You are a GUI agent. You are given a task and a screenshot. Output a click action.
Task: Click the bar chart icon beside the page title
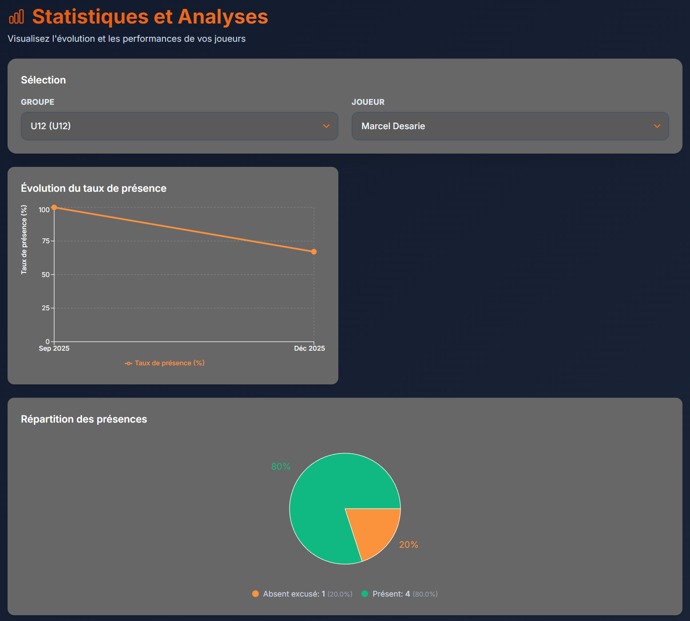16,17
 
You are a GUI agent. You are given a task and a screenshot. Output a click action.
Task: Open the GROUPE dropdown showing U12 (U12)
179,126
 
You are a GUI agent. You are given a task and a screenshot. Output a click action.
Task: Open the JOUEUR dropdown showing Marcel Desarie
510,126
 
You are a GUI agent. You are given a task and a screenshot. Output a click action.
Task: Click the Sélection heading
43,80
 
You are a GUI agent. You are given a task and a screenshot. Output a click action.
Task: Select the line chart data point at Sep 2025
54,207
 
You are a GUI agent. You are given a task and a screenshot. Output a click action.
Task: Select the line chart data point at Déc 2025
314,252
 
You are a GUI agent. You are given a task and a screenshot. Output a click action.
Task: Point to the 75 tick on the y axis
46,241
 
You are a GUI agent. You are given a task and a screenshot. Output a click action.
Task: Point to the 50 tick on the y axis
46,275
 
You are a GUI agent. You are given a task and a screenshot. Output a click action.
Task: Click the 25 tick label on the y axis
46,308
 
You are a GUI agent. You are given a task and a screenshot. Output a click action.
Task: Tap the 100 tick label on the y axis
44,210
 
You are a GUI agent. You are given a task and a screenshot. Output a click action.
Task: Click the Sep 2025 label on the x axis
54,348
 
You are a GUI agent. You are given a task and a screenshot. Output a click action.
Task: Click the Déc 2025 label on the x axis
309,348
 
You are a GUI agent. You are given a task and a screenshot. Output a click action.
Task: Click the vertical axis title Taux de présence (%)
24,240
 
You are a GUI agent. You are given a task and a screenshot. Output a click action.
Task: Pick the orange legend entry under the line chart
165,363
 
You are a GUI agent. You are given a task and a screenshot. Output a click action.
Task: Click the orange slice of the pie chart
375,530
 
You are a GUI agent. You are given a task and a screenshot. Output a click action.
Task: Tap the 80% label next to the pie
281,467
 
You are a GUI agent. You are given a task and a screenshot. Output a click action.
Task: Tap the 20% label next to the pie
408,545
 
